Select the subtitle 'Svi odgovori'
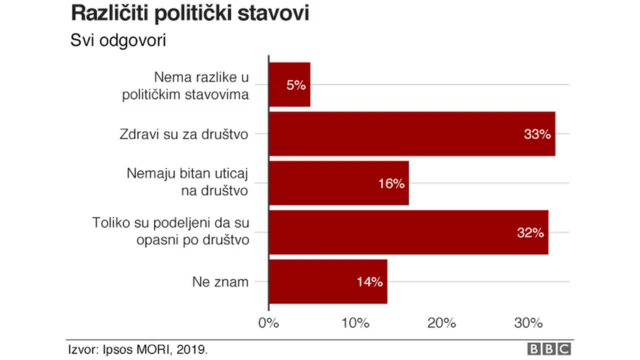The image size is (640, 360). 117,42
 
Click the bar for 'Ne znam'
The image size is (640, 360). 328,282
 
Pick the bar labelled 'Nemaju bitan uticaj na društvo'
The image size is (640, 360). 339,183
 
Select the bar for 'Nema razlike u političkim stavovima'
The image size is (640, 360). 290,85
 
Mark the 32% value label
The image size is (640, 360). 530,232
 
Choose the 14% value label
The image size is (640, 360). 370,282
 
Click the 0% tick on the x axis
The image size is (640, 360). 268,323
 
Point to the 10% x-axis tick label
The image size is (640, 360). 355,323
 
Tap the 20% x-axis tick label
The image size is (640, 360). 442,323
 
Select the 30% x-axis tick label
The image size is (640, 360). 528,323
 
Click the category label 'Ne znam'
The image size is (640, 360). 222,282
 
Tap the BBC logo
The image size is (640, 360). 549,348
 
